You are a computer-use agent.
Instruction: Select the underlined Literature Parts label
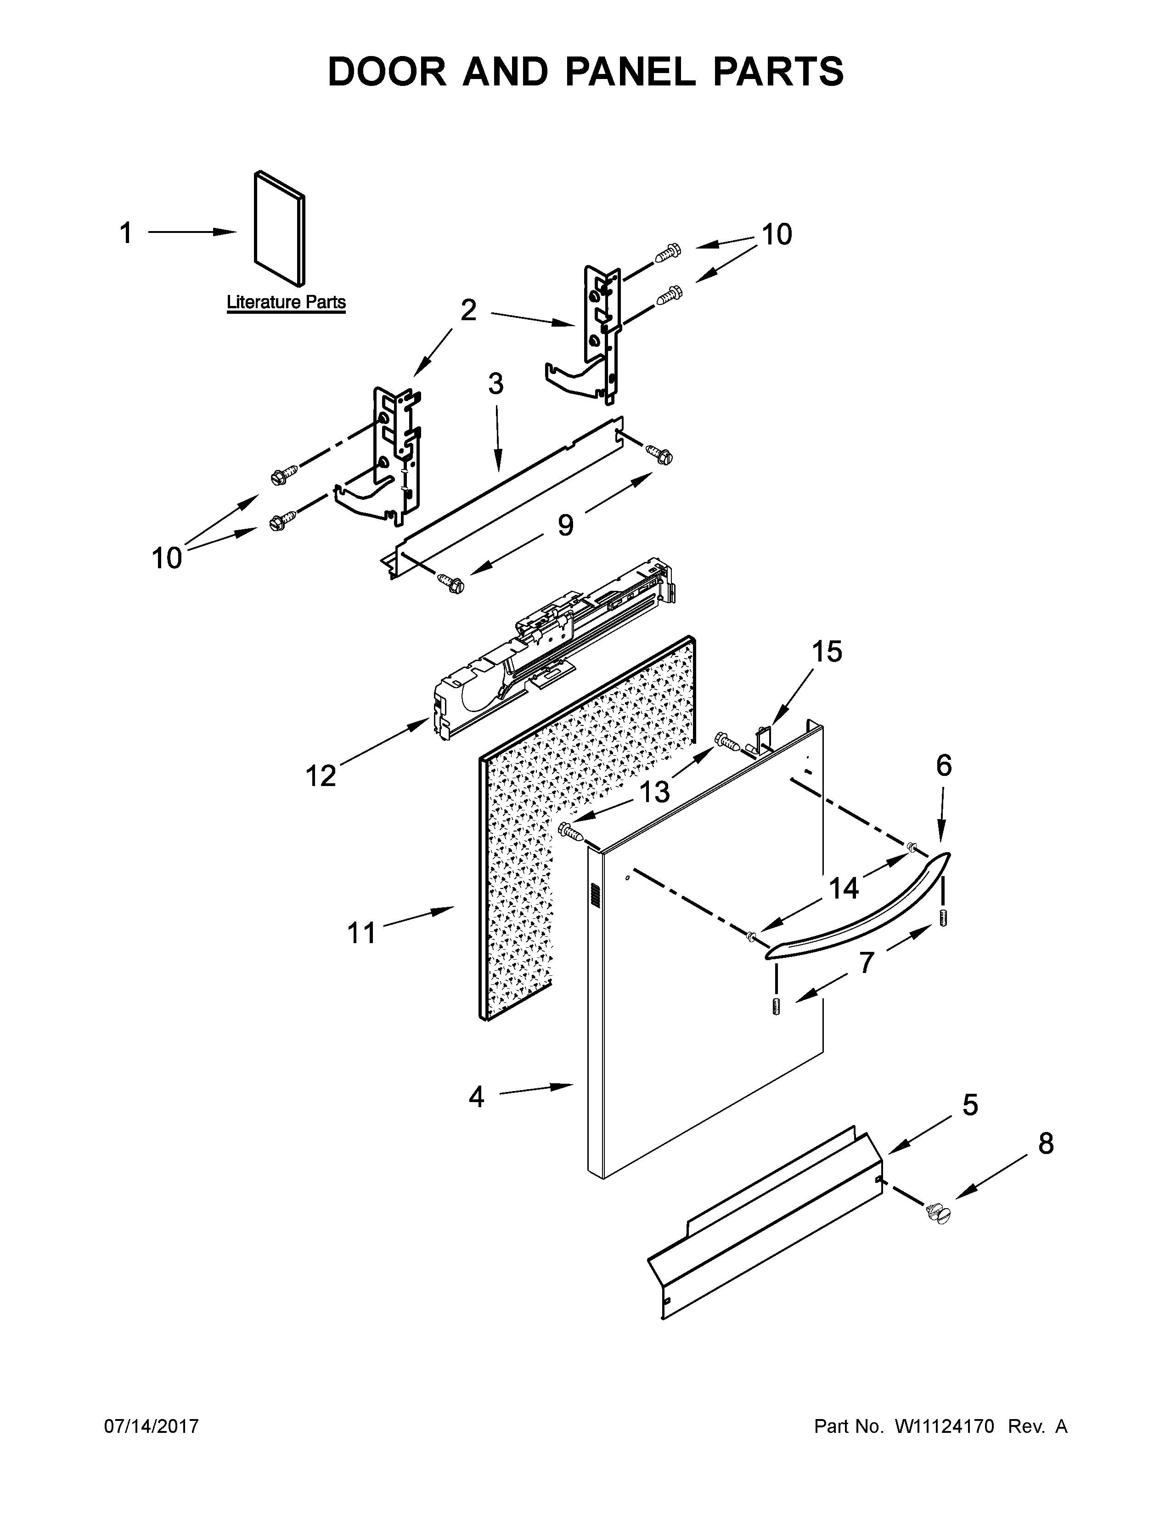[286, 303]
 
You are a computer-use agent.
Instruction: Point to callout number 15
[827, 652]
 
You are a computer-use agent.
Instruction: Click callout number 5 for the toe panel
[970, 1104]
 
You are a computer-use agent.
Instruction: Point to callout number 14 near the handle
[844, 888]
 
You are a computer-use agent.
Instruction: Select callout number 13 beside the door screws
[654, 792]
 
